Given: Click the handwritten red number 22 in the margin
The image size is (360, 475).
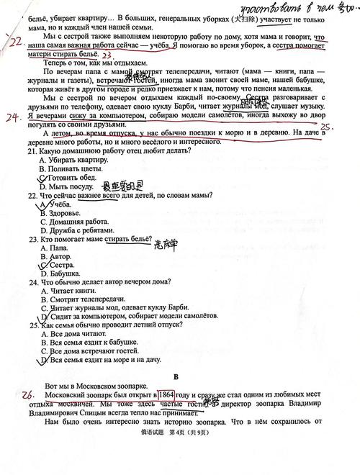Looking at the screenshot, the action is (14, 42).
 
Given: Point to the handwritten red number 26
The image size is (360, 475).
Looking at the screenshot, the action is (28, 394).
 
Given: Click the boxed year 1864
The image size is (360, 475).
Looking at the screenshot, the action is (166, 395).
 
